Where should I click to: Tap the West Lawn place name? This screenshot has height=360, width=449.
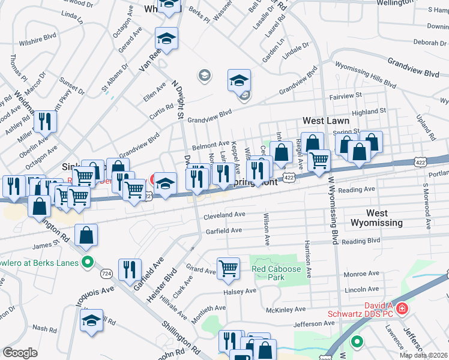[325, 121]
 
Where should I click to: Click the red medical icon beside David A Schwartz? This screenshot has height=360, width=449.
[402, 310]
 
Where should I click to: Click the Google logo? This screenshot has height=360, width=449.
[20, 353]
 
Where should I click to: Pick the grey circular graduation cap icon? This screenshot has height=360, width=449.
[204, 75]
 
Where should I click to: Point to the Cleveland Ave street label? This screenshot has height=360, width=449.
[224, 214]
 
